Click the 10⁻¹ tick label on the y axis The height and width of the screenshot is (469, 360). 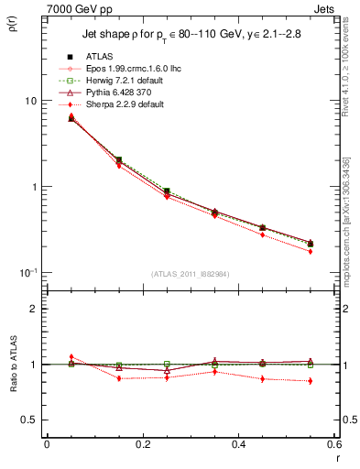tap(27, 272)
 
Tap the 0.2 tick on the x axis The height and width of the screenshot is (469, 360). tap(142, 444)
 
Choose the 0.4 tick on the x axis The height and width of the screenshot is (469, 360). tap(238, 444)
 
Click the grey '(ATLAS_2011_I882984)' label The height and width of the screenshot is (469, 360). tap(191, 274)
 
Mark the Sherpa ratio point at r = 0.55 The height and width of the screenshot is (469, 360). tap(311, 381)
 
